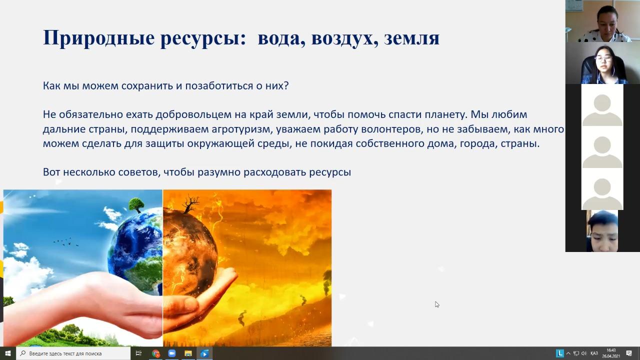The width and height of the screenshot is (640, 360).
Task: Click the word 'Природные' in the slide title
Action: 99,38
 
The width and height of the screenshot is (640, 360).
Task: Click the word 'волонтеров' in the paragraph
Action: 392,129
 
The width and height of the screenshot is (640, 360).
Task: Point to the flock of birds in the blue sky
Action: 66,242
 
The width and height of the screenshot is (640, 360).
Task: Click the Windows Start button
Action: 7,353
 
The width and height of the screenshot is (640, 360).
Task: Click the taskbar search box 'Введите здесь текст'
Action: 73,353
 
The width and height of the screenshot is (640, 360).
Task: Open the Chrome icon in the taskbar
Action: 155,353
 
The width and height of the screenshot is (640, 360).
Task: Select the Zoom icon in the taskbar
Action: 171,353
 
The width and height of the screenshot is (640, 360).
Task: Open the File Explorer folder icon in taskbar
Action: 188,353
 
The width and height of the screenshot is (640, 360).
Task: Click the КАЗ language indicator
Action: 594,353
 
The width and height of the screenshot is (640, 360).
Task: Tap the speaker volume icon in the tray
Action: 583,353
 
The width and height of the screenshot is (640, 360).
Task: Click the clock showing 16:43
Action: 611,350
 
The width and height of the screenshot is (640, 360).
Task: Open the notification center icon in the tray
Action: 629,353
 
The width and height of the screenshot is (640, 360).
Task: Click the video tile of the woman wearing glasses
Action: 602,63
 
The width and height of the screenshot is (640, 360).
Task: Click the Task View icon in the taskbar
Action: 138,353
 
